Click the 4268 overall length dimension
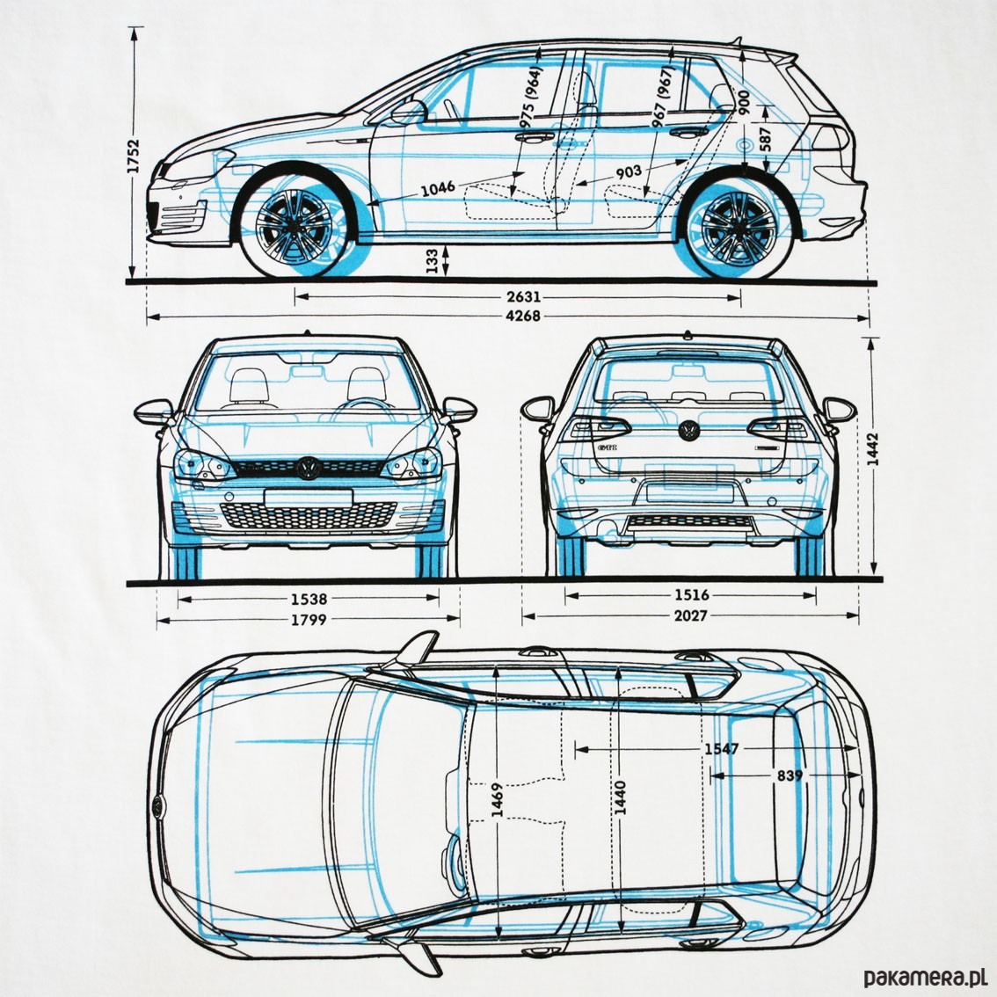click(x=523, y=317)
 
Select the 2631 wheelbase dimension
click(x=523, y=296)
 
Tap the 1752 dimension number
click(x=135, y=159)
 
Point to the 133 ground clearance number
click(x=432, y=261)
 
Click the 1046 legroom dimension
click(x=437, y=187)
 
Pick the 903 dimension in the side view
click(x=628, y=172)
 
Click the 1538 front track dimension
click(x=309, y=599)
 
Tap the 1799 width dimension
click(x=309, y=620)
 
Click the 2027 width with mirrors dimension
click(x=691, y=616)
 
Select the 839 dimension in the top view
click(x=789, y=775)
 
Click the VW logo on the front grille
click(x=309, y=467)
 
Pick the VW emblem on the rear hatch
click(x=688, y=430)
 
